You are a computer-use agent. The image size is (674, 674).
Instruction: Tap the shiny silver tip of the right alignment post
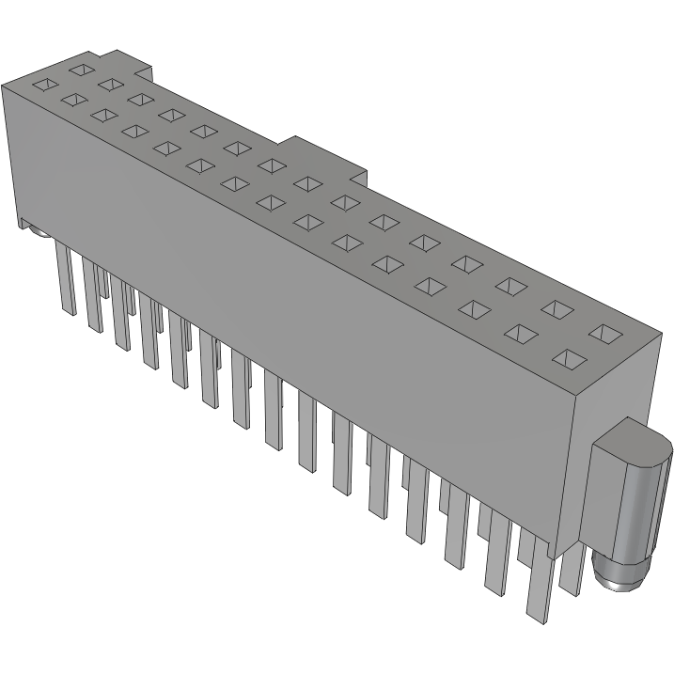pos(615,575)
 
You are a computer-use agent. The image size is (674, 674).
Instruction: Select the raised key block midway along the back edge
pos(325,156)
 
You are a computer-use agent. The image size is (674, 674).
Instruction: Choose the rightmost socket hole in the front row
pos(571,358)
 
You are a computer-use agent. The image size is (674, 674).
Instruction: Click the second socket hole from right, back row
pos(560,308)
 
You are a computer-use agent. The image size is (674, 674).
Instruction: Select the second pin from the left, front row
pos(92,295)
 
